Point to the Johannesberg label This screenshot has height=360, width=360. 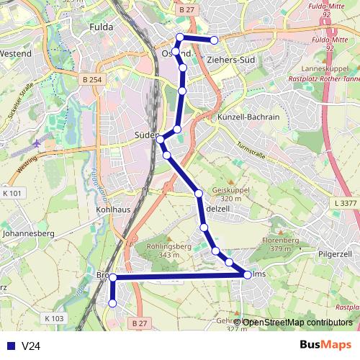[30, 233]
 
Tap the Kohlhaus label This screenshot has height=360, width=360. [112, 210]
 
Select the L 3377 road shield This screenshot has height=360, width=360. [346, 204]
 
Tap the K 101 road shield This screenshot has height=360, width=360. [13, 193]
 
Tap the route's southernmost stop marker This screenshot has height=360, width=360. [112, 303]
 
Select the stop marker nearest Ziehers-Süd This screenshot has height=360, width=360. [214, 40]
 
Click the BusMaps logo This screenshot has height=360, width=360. [324, 345]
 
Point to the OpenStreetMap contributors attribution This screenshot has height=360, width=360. [297, 322]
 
